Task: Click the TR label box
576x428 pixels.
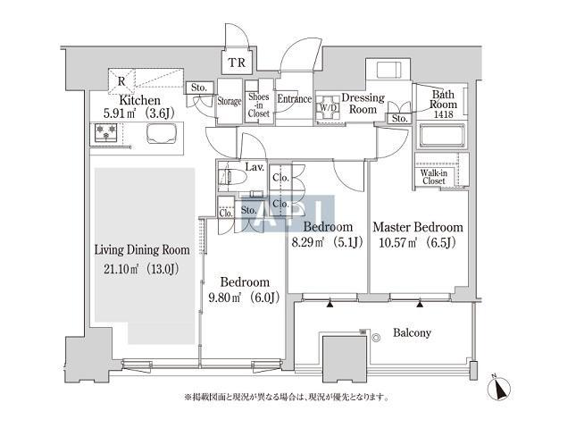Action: click(237, 63)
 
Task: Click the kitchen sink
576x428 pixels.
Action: click(162, 133)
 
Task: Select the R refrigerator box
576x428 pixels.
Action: click(121, 80)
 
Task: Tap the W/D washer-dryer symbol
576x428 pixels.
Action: click(328, 107)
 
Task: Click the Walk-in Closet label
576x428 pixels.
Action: click(433, 177)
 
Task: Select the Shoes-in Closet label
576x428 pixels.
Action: click(259, 105)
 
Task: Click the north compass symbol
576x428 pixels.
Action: click(499, 388)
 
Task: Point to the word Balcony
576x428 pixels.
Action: click(412, 332)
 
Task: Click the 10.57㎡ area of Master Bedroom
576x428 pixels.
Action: click(397, 243)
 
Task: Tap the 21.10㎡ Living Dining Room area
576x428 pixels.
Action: click(121, 269)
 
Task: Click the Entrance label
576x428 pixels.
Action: click(294, 99)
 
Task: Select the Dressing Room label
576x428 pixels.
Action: click(363, 104)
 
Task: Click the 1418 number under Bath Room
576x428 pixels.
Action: click(444, 114)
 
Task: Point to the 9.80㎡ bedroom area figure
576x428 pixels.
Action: click(224, 298)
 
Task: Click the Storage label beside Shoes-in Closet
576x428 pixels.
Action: click(230, 101)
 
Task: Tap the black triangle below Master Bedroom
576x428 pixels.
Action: click(420, 303)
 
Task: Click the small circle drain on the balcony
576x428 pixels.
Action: click(376, 338)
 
